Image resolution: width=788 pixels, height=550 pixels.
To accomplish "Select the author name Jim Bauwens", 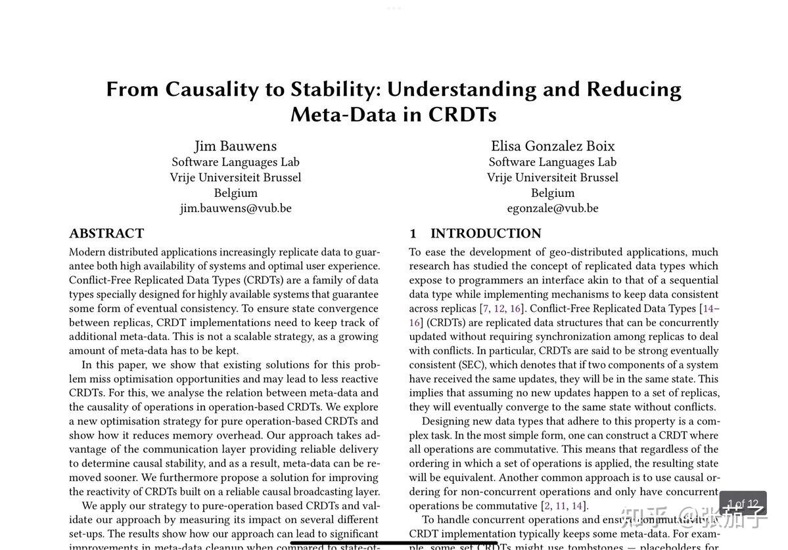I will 235,146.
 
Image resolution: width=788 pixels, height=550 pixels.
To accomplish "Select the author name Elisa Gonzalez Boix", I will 553,146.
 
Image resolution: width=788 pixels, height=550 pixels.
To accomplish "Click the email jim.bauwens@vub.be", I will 235,208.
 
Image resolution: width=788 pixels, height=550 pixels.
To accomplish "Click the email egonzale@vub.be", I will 553,208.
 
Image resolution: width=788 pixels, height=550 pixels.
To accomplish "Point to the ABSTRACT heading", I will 106,234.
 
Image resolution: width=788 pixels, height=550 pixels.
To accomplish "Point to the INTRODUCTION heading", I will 486,234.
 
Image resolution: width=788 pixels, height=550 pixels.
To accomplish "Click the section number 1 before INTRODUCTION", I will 413,234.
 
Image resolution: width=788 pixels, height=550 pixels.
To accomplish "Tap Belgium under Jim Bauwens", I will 235,193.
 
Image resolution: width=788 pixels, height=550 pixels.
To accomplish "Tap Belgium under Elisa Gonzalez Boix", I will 553,193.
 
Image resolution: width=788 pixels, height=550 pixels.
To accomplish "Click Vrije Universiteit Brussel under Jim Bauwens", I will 235,177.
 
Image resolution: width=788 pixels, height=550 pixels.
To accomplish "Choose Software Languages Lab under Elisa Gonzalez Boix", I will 553,162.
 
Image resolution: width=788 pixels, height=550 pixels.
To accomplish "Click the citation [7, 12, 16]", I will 503,308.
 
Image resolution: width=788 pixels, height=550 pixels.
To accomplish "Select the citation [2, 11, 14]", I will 564,506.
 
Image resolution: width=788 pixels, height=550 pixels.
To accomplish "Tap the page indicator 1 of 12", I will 743,504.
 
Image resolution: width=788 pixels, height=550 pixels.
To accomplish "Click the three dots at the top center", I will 394,9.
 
